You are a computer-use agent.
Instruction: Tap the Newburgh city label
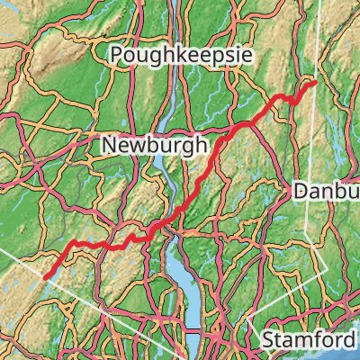[153, 143]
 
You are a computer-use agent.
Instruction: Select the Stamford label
[309, 340]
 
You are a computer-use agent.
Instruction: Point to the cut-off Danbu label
[326, 191]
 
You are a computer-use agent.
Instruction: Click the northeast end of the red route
[313, 84]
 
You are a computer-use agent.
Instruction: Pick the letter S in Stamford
[268, 340]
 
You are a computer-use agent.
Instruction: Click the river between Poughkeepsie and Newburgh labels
[165, 103]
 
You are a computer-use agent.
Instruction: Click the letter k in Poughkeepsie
[184, 56]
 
